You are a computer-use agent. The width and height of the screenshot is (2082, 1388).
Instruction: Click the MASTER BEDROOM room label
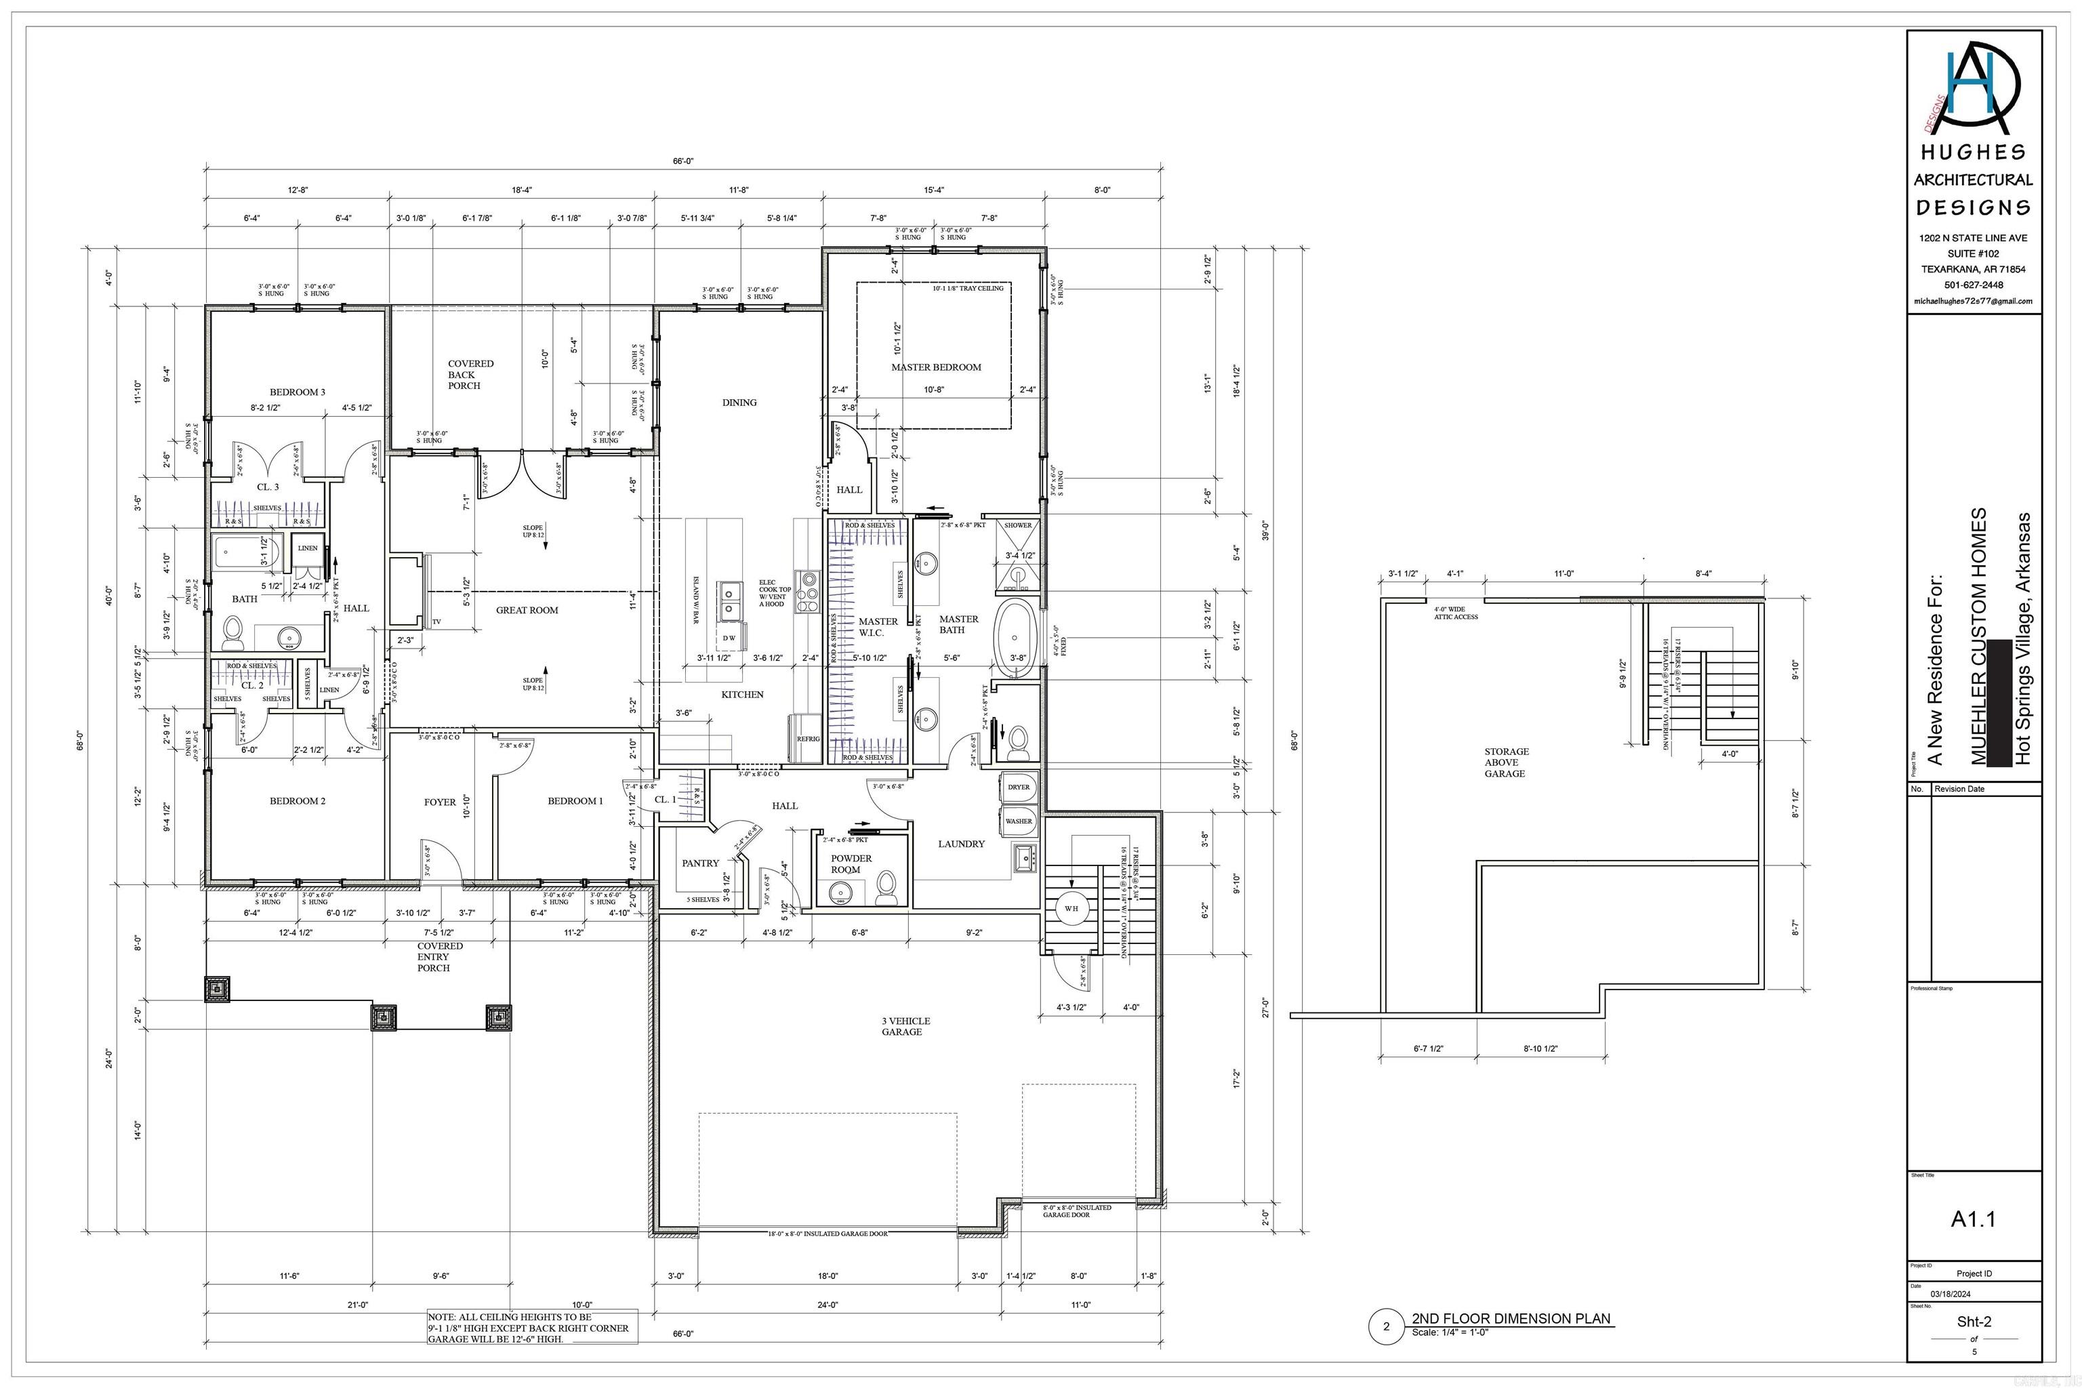936,367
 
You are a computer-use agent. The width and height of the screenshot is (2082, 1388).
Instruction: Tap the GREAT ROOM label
527,610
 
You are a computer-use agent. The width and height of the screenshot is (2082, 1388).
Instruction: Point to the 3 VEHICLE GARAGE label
905,1026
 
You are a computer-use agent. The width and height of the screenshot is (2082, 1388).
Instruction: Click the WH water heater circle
1071,908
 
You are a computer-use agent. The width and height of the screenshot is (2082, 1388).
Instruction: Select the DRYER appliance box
1018,786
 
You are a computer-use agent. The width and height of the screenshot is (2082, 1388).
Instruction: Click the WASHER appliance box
1018,821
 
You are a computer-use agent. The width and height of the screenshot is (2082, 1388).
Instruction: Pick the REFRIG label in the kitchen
807,738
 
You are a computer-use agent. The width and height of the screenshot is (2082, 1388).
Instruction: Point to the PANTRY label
700,863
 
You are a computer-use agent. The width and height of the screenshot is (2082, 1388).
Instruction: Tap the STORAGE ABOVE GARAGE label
1506,762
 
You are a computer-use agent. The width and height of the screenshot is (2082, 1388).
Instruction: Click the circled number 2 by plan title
1386,1326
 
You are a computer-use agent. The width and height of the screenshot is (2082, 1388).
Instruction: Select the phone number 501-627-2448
1973,285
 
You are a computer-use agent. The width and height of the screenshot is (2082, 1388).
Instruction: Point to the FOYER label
440,802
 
